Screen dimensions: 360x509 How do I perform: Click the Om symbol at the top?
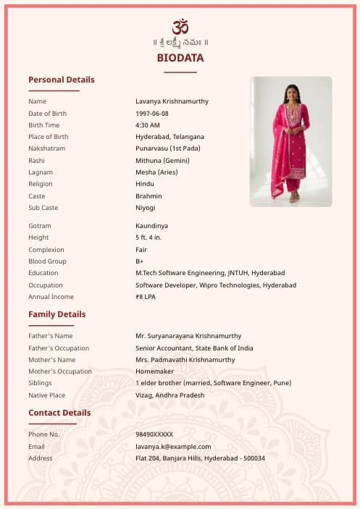point(180,26)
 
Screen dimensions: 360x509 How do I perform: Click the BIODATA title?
point(180,58)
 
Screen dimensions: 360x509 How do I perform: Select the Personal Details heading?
point(62,80)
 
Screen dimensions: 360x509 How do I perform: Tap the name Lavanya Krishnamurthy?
point(172,101)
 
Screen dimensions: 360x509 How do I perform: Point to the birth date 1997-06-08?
point(152,114)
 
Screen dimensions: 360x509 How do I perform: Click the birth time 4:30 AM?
point(148,125)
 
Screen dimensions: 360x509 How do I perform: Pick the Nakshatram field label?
point(47,148)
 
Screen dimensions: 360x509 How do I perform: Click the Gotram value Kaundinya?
point(151,226)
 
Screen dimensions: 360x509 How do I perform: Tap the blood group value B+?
point(140,261)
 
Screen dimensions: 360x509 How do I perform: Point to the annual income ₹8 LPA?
point(145,297)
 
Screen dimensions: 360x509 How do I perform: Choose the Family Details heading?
point(57,314)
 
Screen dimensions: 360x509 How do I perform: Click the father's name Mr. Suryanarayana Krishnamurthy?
point(188,336)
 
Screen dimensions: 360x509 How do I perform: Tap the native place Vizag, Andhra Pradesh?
point(169,395)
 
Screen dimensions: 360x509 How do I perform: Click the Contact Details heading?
point(59,413)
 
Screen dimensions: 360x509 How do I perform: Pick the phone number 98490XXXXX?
point(154,434)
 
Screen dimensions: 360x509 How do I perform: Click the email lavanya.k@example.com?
point(173,447)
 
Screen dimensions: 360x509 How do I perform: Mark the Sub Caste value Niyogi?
point(146,208)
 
